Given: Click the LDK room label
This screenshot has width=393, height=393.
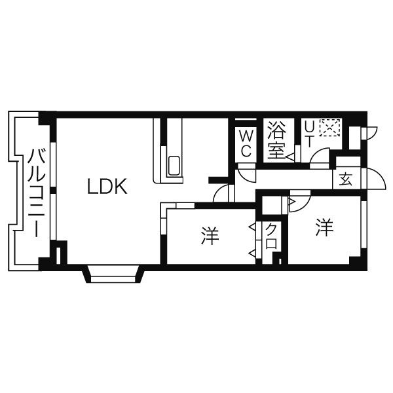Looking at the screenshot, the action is click(107, 186).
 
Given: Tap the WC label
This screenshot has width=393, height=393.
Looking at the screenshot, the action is click(246, 143).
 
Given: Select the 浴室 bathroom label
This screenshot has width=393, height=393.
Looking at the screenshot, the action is click(276, 140).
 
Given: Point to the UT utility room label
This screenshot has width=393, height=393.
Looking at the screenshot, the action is click(309, 135).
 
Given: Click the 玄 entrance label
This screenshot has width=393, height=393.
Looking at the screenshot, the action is click(346, 179).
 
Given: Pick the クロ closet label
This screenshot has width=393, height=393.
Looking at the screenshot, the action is click(271, 236).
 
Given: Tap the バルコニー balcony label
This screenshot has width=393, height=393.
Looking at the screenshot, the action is click(37, 193).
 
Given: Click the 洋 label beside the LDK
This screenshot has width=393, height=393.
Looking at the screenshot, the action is click(210, 236).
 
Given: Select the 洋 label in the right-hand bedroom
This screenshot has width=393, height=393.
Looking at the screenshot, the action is click(325, 227).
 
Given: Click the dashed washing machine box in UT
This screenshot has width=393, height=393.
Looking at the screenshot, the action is click(330, 128).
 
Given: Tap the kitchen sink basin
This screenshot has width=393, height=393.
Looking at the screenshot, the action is click(174, 166).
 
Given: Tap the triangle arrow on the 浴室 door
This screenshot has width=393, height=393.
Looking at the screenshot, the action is click(290, 157).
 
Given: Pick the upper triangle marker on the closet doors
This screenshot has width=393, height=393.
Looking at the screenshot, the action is click(252, 227).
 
